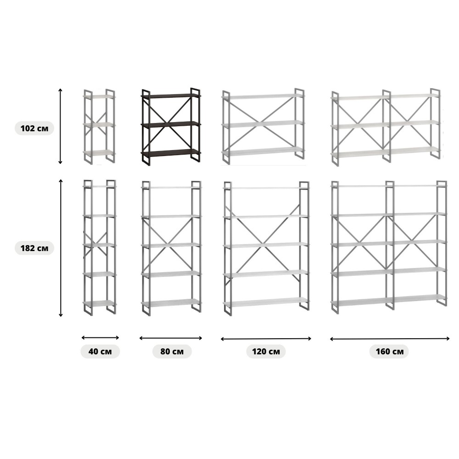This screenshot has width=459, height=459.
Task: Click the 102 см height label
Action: (x=34, y=128)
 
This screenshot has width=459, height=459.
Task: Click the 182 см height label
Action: (x=34, y=248)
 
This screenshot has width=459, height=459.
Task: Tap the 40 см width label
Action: (x=100, y=351)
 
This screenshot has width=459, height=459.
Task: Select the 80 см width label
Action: (x=172, y=351)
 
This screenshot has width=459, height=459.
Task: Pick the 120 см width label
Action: (x=266, y=351)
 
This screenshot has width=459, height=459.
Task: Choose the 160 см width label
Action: (x=390, y=351)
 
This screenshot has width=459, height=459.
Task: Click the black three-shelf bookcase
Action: (x=171, y=127)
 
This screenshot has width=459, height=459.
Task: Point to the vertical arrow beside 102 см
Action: (x=60, y=126)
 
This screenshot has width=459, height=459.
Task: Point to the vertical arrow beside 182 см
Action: (x=61, y=248)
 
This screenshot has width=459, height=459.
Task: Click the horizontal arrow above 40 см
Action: (x=100, y=337)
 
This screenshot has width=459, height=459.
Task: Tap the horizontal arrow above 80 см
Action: (x=171, y=338)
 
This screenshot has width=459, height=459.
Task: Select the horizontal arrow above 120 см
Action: (x=266, y=339)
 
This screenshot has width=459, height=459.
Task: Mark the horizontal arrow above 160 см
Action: (x=390, y=339)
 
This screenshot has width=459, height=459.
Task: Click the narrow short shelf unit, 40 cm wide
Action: (x=99, y=127)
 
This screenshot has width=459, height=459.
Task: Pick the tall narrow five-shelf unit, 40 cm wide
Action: (x=100, y=248)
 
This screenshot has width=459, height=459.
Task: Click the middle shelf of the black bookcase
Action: (x=171, y=124)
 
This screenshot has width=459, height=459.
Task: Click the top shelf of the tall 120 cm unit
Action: (x=266, y=188)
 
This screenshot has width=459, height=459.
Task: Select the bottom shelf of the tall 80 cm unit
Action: (x=171, y=302)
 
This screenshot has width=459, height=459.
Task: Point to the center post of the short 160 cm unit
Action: (x=386, y=126)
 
